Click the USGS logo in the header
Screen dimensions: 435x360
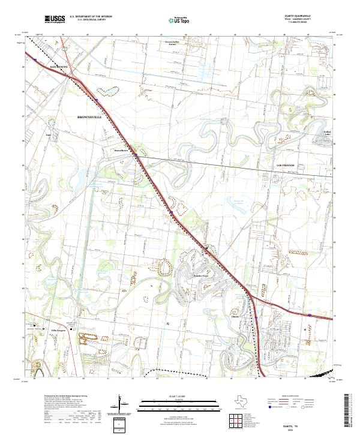click(x=55, y=20)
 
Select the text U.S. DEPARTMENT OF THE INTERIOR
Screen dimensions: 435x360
click(x=91, y=17)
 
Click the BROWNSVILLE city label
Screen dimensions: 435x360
click(x=90, y=117)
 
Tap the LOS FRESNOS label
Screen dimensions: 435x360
click(x=286, y=164)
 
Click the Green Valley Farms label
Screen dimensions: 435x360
click(x=173, y=43)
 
